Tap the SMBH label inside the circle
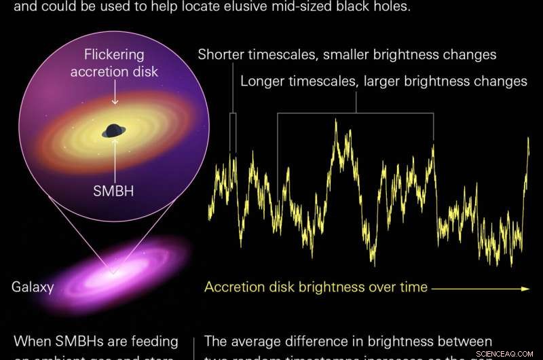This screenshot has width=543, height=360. click(113, 191)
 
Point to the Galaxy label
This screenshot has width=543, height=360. click(33, 287)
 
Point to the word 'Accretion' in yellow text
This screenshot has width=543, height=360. click(233, 287)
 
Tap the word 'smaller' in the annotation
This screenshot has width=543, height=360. click(356, 55)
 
